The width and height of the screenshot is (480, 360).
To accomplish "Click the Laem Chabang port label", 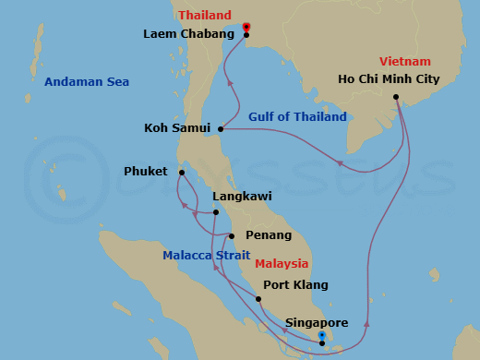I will [x=190, y=35].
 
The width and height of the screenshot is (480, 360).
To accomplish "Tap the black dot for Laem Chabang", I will [x=246, y=35].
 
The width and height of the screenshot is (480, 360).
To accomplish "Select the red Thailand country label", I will [x=205, y=16].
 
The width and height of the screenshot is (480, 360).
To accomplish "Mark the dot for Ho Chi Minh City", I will [x=395, y=97].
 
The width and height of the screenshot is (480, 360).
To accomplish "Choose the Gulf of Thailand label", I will [x=297, y=117].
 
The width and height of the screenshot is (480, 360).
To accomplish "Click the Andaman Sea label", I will [x=87, y=82].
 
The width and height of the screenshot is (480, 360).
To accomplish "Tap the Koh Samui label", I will [x=177, y=128].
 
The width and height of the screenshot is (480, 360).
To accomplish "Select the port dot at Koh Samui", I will [x=221, y=128].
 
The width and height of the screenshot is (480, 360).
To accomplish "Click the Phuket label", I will [x=147, y=172].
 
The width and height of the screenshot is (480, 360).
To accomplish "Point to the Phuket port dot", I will [x=183, y=172].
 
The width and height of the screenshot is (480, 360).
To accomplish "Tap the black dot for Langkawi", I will [x=215, y=212].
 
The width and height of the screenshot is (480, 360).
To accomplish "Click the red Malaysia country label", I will [x=283, y=263].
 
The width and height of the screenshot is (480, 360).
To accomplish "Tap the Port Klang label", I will [x=295, y=285].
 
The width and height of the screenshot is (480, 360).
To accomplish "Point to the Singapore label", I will [x=317, y=323].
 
